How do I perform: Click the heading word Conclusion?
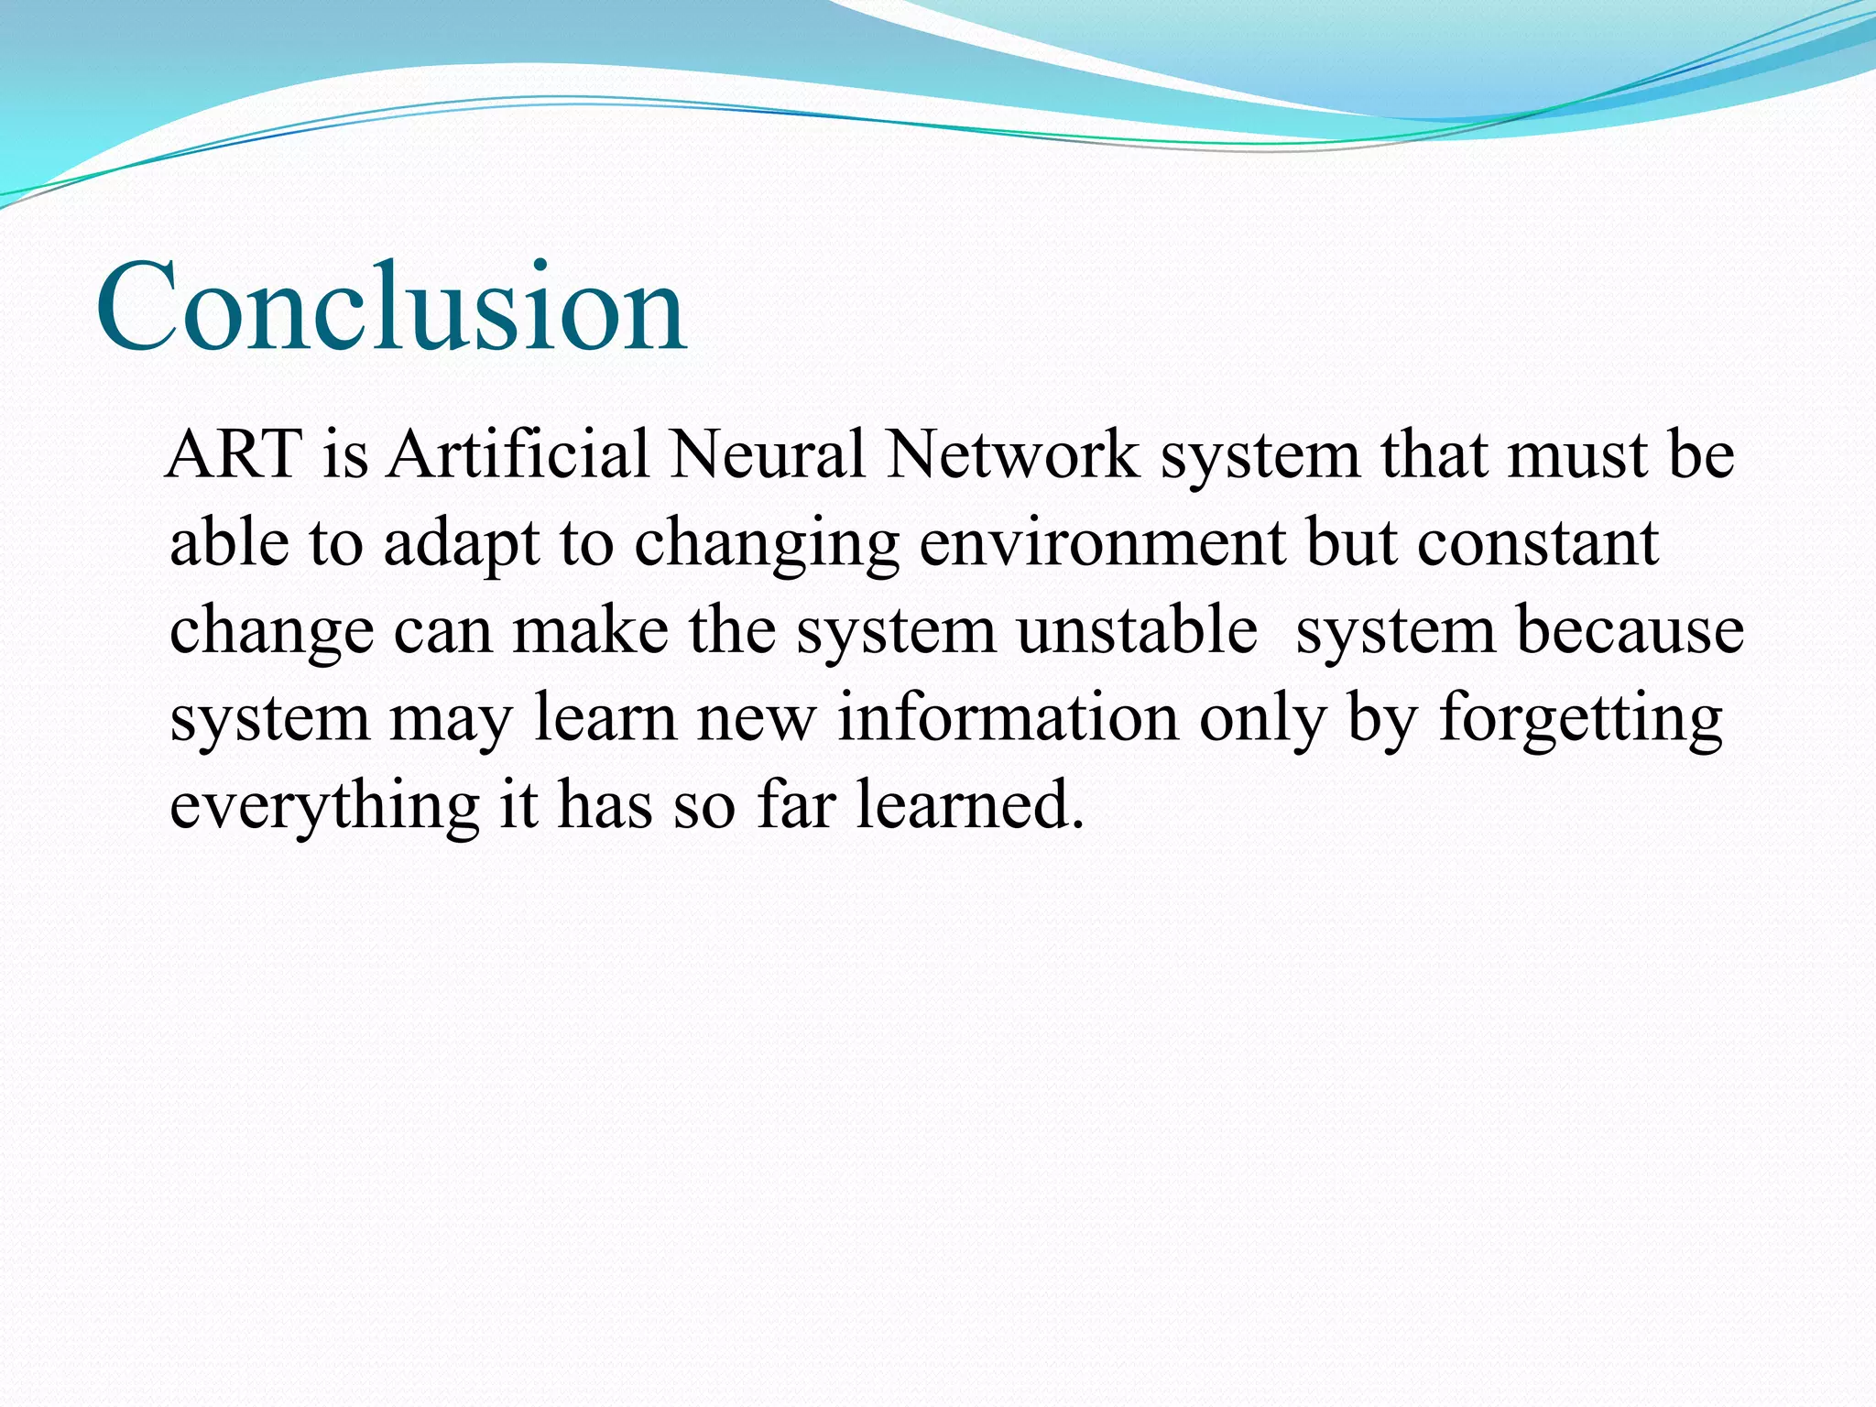(x=391, y=307)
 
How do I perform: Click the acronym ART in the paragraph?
(x=235, y=455)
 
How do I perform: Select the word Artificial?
(x=518, y=455)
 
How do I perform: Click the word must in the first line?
(x=1576, y=455)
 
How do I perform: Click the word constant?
(x=1538, y=543)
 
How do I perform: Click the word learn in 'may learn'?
(x=605, y=718)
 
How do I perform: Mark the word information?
(x=1008, y=718)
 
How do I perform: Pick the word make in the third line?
(x=590, y=630)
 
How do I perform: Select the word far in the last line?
(x=796, y=804)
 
